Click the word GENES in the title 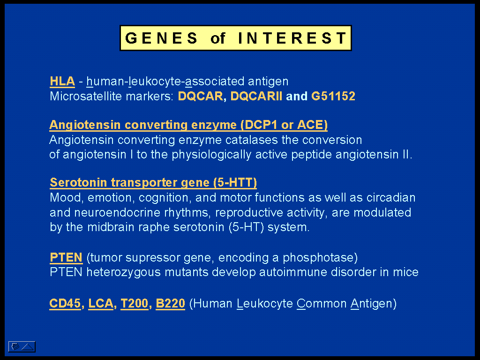tap(161, 38)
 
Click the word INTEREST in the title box tap(292, 38)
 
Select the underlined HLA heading tap(62, 82)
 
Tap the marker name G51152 tap(333, 96)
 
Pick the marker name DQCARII tap(256, 96)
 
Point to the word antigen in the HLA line tap(268, 82)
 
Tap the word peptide tap(311, 155)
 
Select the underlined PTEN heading tap(66, 257)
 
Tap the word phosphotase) tap(320, 258)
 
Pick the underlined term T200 tap(135, 304)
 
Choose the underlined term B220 tap(171, 304)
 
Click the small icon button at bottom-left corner tap(22, 347)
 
